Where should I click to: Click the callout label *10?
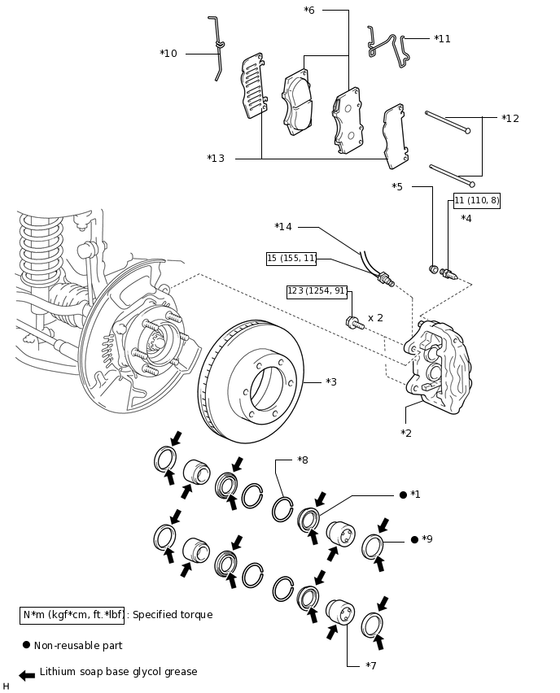point(168,54)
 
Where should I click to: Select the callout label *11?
point(442,38)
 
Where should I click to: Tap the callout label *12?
point(510,119)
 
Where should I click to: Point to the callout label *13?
point(216,159)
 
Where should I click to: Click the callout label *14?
point(283,227)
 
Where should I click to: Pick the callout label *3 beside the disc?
point(330,381)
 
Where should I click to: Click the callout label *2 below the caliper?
point(406,433)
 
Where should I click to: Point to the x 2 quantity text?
point(375,317)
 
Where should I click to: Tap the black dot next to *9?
point(414,539)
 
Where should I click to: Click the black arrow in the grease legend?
point(27,675)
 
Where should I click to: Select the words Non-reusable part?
point(78,646)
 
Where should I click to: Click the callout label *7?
point(371,666)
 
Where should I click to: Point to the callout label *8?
point(303,460)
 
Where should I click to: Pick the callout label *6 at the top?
point(309,11)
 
